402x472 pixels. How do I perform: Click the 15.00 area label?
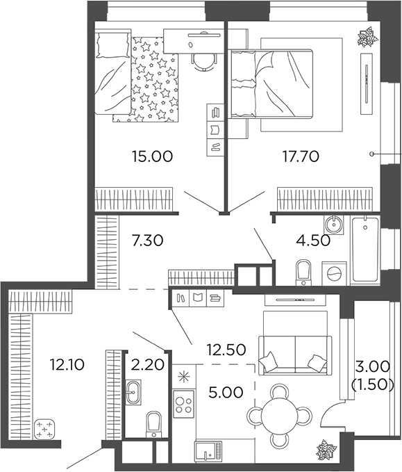151,156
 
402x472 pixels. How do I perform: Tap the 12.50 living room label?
226,350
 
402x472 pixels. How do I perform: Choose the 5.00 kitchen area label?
226,392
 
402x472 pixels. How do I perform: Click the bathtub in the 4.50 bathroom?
365,250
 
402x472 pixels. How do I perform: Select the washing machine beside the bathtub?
335,272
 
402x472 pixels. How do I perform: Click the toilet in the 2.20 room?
153,423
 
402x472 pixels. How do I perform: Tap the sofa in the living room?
292,346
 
